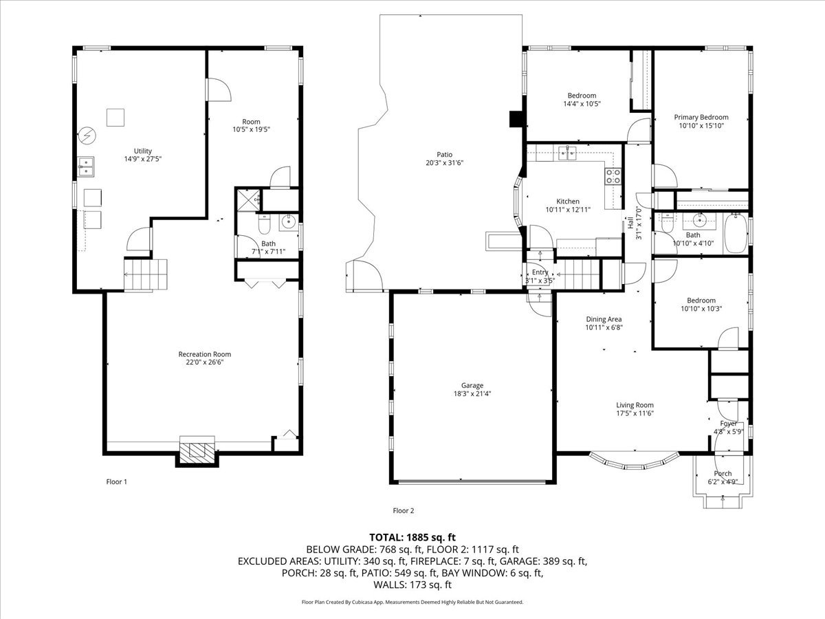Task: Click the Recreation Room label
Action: (204, 354)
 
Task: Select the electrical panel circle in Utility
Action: (87, 135)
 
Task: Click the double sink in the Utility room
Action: (86, 167)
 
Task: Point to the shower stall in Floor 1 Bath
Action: (248, 199)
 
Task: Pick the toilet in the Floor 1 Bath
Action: (265, 224)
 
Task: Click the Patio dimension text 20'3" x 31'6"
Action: (444, 163)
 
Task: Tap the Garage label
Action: (472, 385)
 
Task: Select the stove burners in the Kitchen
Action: (613, 176)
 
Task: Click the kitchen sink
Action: (567, 153)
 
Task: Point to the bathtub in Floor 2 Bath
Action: (736, 233)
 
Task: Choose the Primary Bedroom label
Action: (701, 117)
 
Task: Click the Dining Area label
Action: (604, 319)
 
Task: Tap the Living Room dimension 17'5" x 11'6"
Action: (635, 413)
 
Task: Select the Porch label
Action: (723, 473)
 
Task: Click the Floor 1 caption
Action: (116, 481)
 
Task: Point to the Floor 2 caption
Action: (404, 510)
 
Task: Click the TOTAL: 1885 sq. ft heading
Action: (412, 537)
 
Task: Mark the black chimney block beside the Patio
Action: (516, 119)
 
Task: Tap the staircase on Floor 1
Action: (146, 274)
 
